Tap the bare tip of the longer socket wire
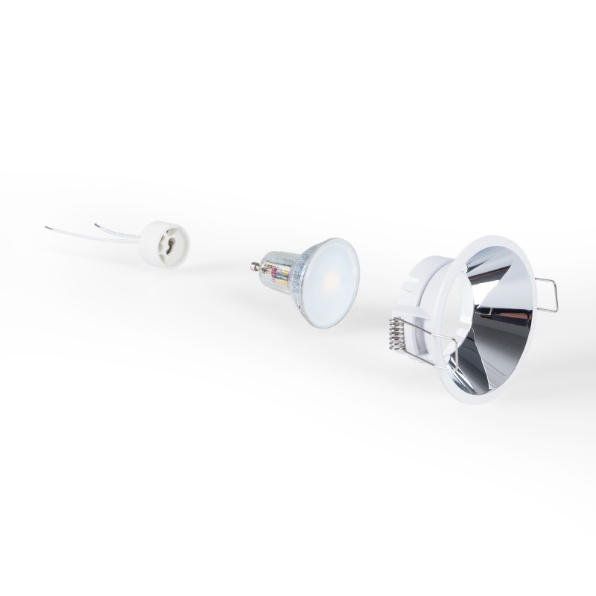(46, 229)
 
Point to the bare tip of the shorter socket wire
(96, 223)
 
